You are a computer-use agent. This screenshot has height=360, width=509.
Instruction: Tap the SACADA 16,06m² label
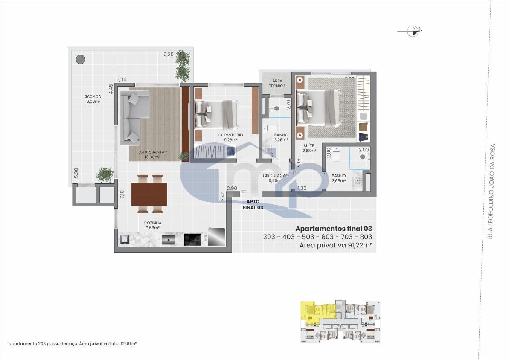pyautogui.click(x=93, y=99)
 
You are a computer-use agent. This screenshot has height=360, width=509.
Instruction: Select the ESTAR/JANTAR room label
pyautogui.click(x=152, y=154)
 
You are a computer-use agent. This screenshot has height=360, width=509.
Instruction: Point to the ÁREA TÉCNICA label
pyautogui.click(x=277, y=83)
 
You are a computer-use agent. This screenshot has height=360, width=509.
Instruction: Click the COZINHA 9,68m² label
pyautogui.click(x=152, y=225)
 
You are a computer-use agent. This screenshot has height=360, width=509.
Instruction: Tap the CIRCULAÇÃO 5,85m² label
pyautogui.click(x=276, y=178)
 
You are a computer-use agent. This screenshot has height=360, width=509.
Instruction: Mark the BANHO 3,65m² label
pyautogui.click(x=338, y=178)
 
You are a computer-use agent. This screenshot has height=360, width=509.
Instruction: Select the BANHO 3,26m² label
pyautogui.click(x=281, y=137)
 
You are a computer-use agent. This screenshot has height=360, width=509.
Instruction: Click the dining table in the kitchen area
pyautogui.click(x=149, y=194)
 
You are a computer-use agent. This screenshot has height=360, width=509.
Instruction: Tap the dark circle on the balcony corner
pyautogui.click(x=81, y=59)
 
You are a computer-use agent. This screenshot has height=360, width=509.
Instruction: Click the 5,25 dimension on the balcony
pyautogui.click(x=169, y=54)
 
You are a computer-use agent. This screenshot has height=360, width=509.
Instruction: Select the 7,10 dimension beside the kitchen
pyautogui.click(x=122, y=195)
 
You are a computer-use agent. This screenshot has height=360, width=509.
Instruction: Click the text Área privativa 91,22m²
pyautogui.click(x=335, y=245)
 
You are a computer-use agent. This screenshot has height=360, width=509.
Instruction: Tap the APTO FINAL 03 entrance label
pyautogui.click(x=255, y=205)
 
